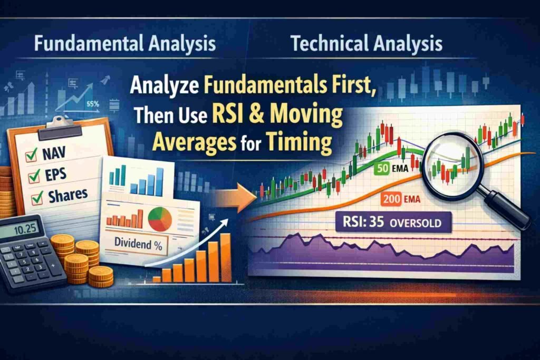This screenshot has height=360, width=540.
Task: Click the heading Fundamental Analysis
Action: click(124, 44)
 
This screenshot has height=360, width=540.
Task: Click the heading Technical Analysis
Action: click(367, 44)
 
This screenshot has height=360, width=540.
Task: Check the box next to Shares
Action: click(37, 199)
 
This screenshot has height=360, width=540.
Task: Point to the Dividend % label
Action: click(137, 244)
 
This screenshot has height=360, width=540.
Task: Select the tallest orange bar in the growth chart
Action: click(225, 257)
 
